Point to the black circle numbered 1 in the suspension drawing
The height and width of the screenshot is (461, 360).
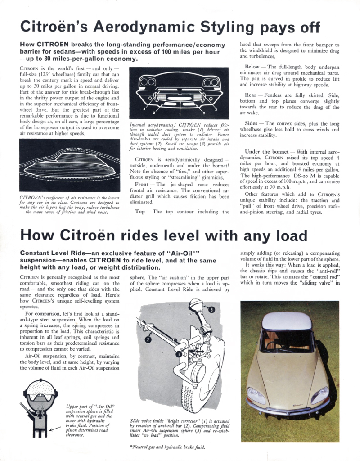click(x=178, y=354)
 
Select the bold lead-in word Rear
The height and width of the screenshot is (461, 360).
click(x=250, y=95)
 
